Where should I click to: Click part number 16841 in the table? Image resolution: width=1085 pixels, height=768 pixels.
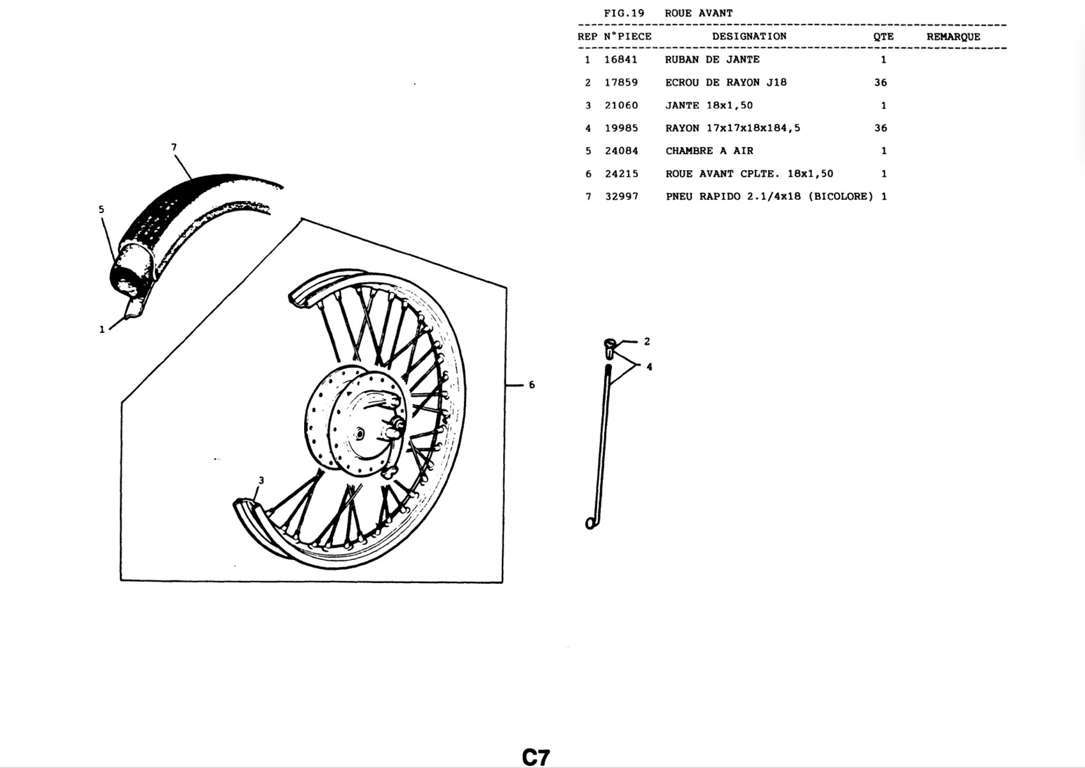coord(620,60)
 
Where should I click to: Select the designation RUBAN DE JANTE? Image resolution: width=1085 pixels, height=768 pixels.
coord(712,60)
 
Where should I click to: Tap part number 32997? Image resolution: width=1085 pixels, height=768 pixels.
coord(622,196)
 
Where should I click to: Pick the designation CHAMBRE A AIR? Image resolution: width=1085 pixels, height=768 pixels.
coord(709,151)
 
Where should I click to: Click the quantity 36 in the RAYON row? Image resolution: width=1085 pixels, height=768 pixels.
coord(881,129)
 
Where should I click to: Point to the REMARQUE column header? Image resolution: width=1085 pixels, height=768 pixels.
coord(953,37)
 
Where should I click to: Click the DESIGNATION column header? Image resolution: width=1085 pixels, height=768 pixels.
coord(750,36)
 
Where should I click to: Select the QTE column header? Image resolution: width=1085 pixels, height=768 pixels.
coord(883,37)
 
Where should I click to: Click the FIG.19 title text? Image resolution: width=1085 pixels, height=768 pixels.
coord(624,13)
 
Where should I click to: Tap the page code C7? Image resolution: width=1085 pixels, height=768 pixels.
coord(536,757)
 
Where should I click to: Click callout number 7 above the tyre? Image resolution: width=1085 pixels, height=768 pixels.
coord(174,147)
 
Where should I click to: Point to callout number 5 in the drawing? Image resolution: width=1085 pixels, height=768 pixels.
coord(101,210)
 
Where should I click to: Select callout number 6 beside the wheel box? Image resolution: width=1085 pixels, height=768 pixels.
coord(532,385)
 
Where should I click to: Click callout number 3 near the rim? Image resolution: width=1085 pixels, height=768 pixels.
coord(261,481)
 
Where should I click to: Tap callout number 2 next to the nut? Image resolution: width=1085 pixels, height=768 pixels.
coord(647,341)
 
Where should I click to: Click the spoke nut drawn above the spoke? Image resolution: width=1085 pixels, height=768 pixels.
coord(609,348)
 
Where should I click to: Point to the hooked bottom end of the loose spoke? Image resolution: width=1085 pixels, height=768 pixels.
coord(591,524)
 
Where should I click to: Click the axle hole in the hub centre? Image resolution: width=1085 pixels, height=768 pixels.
coord(359,433)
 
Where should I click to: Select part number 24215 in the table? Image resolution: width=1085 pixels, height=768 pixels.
coord(622,174)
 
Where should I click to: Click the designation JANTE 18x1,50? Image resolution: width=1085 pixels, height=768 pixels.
coord(709,106)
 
